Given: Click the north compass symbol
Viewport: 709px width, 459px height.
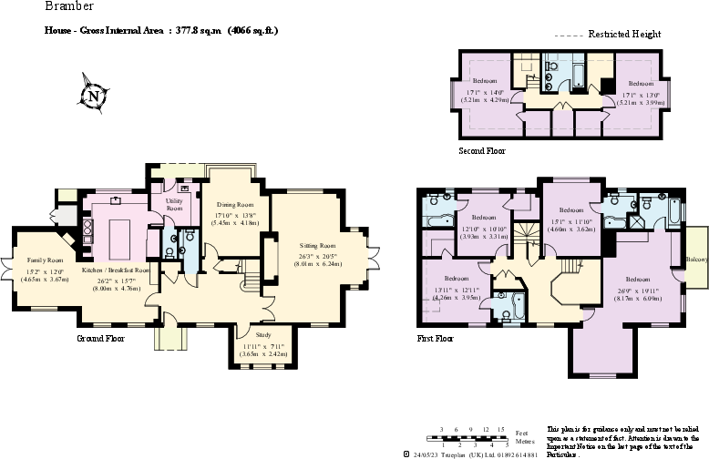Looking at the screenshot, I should (x=94, y=96).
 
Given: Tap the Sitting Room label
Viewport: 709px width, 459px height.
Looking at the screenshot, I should (x=318, y=245).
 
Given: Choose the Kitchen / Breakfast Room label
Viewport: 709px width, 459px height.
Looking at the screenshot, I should (x=117, y=270).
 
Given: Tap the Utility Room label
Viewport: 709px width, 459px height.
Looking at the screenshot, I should (x=173, y=204).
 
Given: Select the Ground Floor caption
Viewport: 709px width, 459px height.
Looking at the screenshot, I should (x=101, y=338).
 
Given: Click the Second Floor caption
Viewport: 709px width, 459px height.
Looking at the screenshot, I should (x=482, y=150).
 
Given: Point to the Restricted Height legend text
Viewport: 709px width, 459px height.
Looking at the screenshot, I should (x=624, y=34).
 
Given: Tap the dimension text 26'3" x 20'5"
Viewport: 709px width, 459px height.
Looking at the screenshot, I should (x=318, y=256).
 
